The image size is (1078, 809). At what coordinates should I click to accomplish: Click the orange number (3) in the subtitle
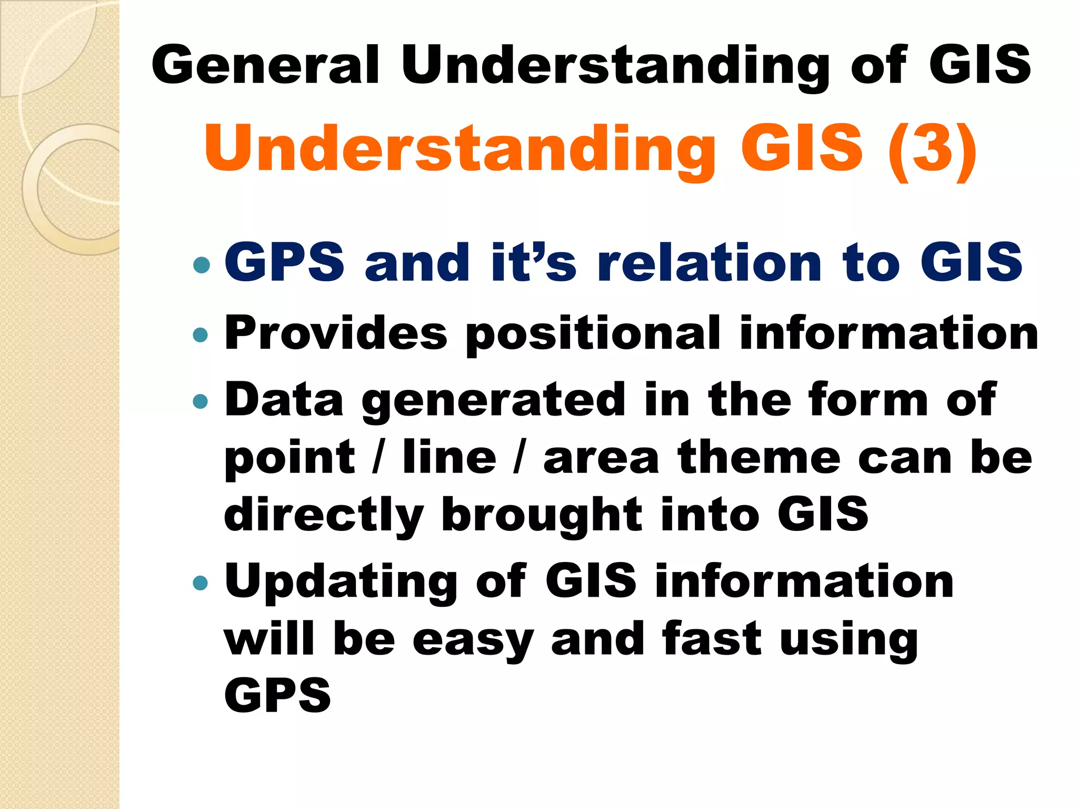click(932, 148)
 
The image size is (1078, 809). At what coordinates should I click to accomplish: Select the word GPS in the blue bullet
click(285, 262)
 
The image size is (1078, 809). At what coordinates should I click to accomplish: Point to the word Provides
click(336, 333)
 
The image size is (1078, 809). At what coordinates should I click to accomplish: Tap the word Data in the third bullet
click(284, 400)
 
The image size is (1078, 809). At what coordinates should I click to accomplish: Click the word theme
click(758, 458)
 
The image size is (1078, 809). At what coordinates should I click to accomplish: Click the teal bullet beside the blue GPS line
click(201, 264)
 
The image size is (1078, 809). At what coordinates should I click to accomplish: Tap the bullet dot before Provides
click(201, 335)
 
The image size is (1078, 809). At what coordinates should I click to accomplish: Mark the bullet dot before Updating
click(201, 583)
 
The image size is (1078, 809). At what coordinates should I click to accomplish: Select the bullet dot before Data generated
click(201, 402)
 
